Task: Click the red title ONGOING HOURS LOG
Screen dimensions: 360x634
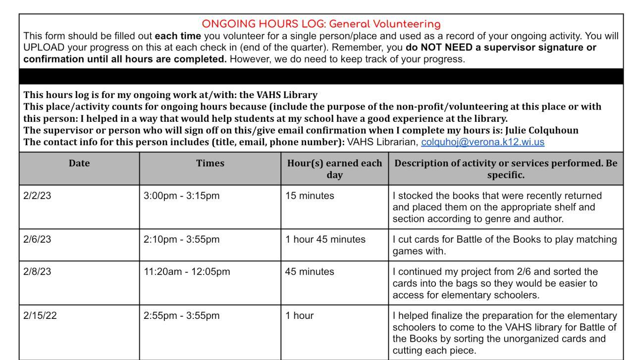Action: coord(321,24)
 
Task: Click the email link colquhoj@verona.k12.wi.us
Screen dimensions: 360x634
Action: coord(482,142)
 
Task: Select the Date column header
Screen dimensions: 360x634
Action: coord(79,163)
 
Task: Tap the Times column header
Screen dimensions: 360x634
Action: coord(210,163)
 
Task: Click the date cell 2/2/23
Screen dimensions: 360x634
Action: coord(37,196)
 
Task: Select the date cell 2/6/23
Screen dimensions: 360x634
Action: coord(37,240)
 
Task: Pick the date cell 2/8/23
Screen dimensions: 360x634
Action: coord(37,271)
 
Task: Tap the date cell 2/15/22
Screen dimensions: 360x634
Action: coord(40,315)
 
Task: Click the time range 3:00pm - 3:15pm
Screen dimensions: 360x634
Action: coord(181,196)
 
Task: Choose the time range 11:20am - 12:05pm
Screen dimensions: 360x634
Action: coord(187,271)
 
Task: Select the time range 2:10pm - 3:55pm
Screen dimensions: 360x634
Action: coord(181,240)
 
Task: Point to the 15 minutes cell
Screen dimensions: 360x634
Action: coord(310,196)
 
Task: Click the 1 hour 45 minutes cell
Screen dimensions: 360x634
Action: coord(325,240)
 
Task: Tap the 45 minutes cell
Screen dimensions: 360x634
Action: coord(310,271)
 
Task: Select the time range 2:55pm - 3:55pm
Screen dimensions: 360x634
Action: coord(181,315)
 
